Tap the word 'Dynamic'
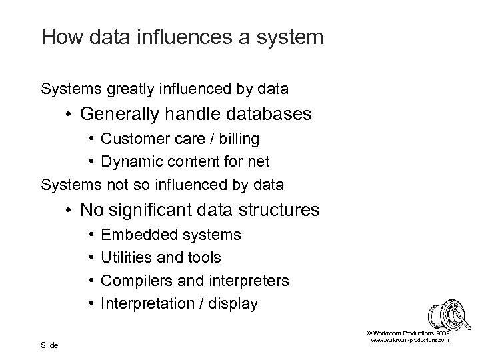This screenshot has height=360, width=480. point(127,161)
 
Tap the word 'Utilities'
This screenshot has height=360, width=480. point(123,257)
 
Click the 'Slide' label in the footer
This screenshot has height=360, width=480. point(50,345)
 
